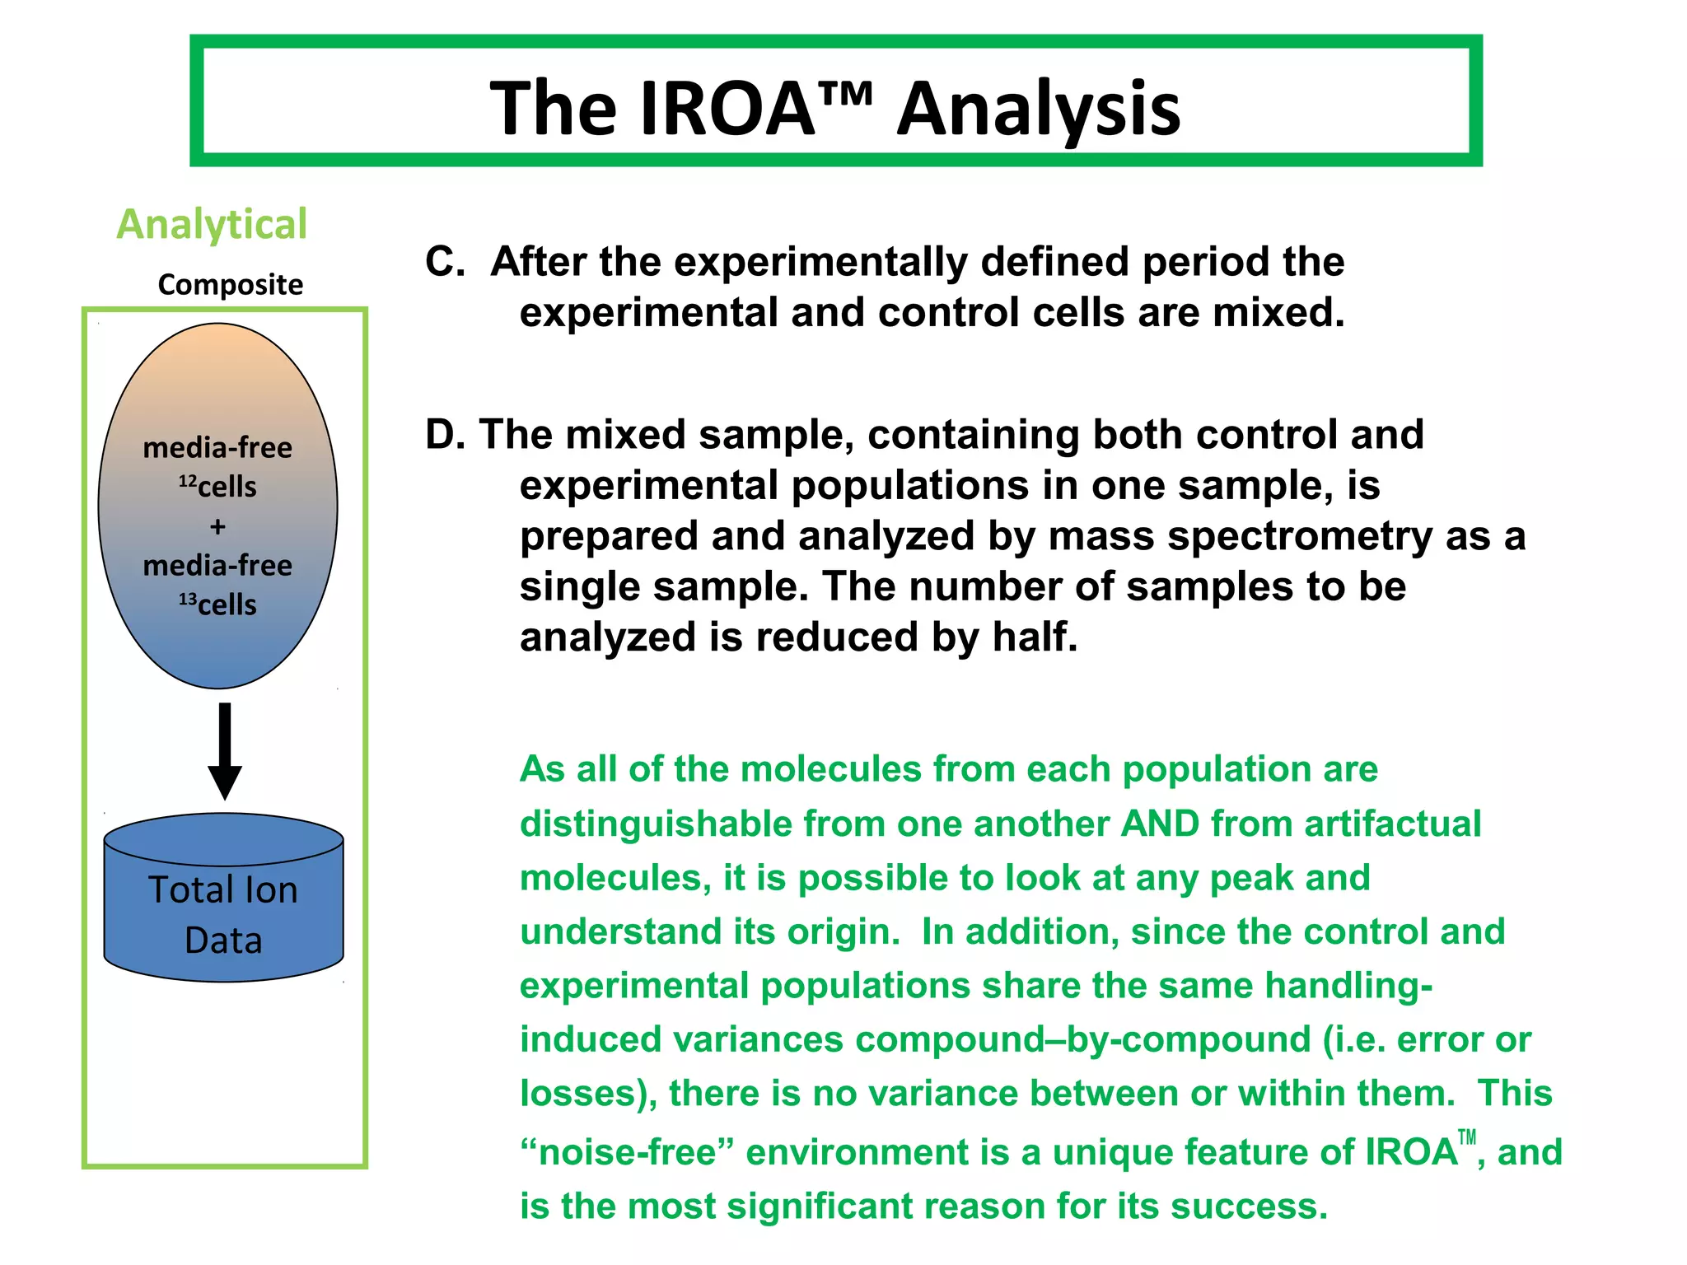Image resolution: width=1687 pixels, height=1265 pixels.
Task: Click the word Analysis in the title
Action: click(1039, 109)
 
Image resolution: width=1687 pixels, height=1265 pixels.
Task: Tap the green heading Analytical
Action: click(212, 224)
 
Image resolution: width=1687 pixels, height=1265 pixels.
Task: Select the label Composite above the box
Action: click(231, 284)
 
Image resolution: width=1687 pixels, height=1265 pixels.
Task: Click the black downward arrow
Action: click(225, 749)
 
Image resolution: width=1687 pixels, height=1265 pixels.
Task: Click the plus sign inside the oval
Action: click(217, 526)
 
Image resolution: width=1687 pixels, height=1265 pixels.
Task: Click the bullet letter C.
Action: click(444, 262)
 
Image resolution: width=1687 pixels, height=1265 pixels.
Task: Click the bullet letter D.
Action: click(444, 435)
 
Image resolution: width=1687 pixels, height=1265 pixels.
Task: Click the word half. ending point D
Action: click(1035, 637)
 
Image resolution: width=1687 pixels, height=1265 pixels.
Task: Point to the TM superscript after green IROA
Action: click(1466, 1139)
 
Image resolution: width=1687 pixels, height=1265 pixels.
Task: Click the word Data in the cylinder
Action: click(223, 941)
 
